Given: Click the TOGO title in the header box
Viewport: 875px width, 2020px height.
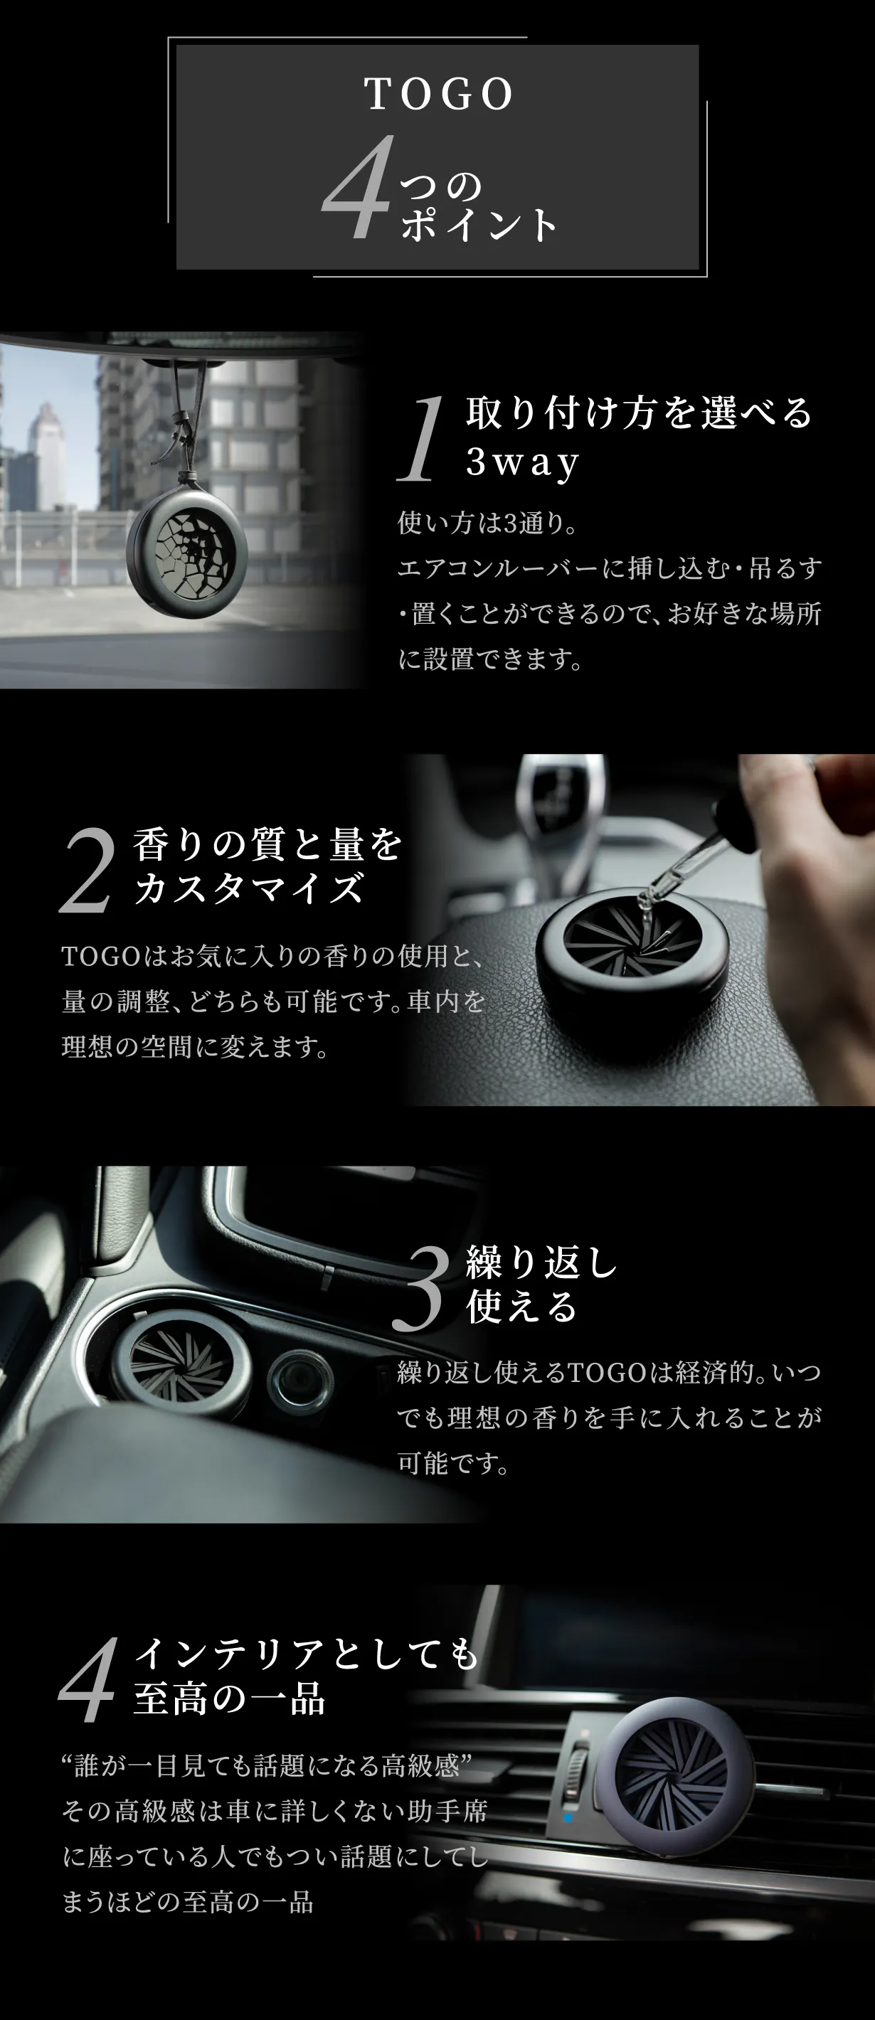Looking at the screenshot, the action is click(438, 94).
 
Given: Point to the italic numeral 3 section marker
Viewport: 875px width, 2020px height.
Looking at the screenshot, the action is click(421, 1287).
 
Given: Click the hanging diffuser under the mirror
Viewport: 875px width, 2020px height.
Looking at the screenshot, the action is click(187, 552).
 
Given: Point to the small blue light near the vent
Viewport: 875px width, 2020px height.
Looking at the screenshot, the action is click(568, 1817).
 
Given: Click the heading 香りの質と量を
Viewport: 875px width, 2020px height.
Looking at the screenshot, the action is click(267, 844).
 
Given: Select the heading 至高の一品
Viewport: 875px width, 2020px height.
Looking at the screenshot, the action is click(229, 1698).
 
